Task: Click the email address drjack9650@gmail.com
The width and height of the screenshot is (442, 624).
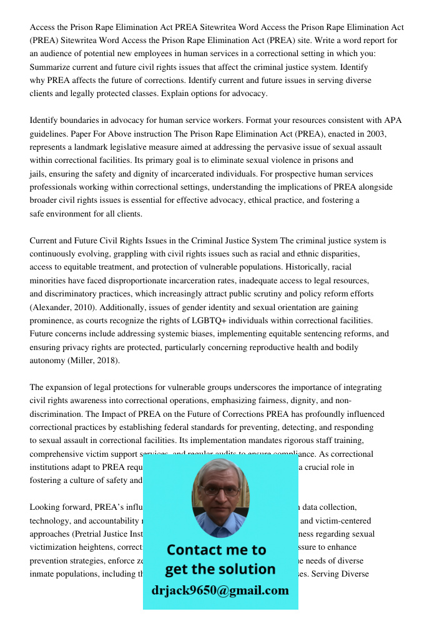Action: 220,590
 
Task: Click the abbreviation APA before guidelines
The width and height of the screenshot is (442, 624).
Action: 393,120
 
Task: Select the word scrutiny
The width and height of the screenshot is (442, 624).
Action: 282,294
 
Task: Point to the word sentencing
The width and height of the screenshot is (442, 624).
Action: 319,334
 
